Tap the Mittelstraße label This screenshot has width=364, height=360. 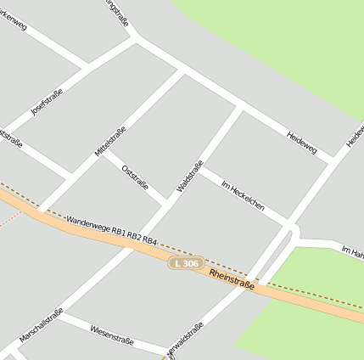tap(111, 141)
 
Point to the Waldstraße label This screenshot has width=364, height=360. tap(190, 176)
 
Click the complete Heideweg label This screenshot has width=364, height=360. tap(301, 143)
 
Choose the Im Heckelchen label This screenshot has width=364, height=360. tap(243, 196)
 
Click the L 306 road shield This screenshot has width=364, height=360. tap(187, 264)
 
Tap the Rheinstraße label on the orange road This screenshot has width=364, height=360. tap(232, 279)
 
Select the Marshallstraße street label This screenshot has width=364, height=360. tap(41, 325)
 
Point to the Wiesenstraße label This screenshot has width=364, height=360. tap(112, 334)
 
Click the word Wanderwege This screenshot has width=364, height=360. tap(87, 224)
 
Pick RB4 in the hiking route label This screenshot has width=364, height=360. tap(149, 242)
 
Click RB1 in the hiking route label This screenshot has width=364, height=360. tap(120, 233)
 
